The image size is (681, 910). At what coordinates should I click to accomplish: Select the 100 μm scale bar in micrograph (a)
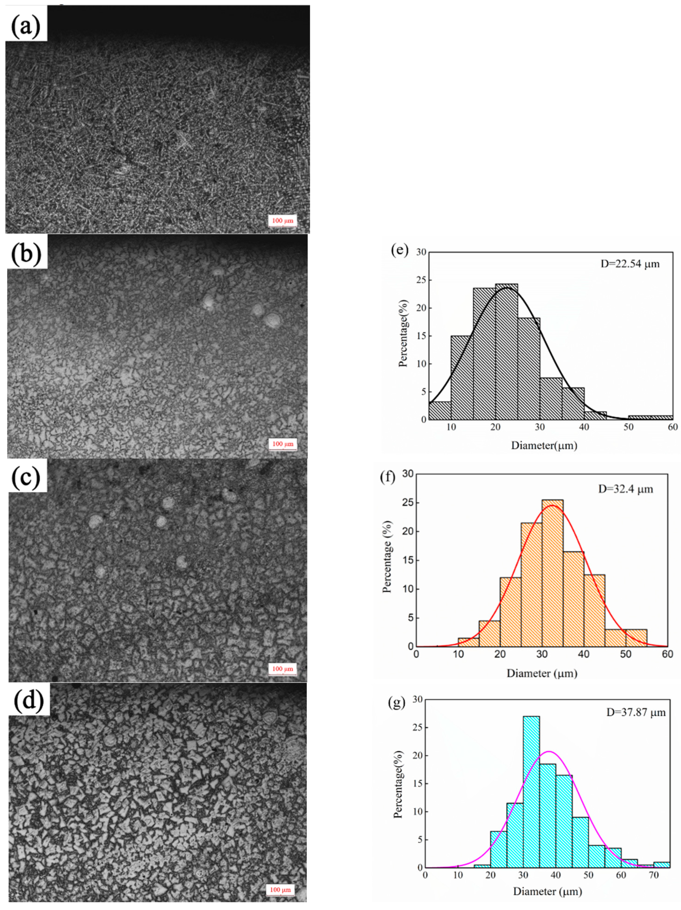pos(282,221)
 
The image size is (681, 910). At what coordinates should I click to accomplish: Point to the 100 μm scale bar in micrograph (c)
pos(282,669)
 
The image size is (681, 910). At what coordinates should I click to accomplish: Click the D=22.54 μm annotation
pos(630,264)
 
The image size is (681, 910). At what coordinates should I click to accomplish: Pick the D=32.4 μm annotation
pos(625,489)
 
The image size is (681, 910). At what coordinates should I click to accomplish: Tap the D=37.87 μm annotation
pos(636,712)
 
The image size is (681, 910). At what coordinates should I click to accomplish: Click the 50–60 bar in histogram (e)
pos(650,418)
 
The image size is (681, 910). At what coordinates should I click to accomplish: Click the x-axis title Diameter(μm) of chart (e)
pos(544,445)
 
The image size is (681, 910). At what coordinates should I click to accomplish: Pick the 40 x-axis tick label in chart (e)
pos(584,427)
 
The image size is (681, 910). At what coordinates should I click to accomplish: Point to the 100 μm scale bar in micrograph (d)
pos(280,890)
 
